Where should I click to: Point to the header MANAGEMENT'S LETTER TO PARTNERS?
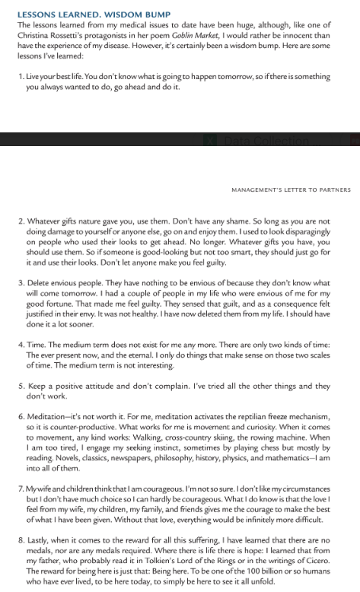(x=290, y=189)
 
